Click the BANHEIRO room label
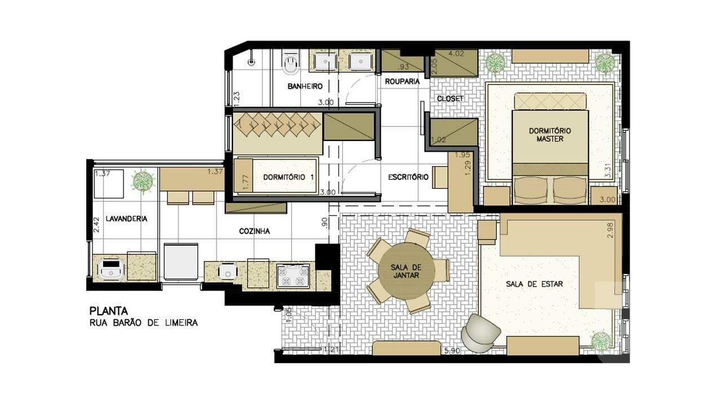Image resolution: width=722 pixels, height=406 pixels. [x=305, y=86]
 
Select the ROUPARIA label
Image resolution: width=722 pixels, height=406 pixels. [x=402, y=82]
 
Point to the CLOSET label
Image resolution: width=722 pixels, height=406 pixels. [x=450, y=99]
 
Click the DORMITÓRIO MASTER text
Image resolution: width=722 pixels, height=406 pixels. [x=550, y=135]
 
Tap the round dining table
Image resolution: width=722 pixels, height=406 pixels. [x=406, y=271]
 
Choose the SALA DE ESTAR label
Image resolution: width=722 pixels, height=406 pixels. [x=534, y=284]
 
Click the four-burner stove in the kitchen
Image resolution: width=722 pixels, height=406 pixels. [x=293, y=276]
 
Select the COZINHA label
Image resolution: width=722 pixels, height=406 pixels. [x=254, y=231]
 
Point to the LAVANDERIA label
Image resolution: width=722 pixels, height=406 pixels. [x=126, y=219]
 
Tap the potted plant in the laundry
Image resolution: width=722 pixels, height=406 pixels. [x=143, y=181]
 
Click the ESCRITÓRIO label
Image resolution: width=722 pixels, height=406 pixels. [x=408, y=177]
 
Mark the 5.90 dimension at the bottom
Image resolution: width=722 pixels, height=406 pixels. [x=452, y=351]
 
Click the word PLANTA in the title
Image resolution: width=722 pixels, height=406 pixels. [x=108, y=311]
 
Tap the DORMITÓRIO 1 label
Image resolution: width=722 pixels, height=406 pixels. [x=288, y=177]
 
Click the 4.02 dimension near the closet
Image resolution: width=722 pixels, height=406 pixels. [x=456, y=54]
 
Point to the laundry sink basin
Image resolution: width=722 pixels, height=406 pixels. [x=111, y=269]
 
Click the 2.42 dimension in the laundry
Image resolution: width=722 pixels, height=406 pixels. [x=96, y=224]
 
